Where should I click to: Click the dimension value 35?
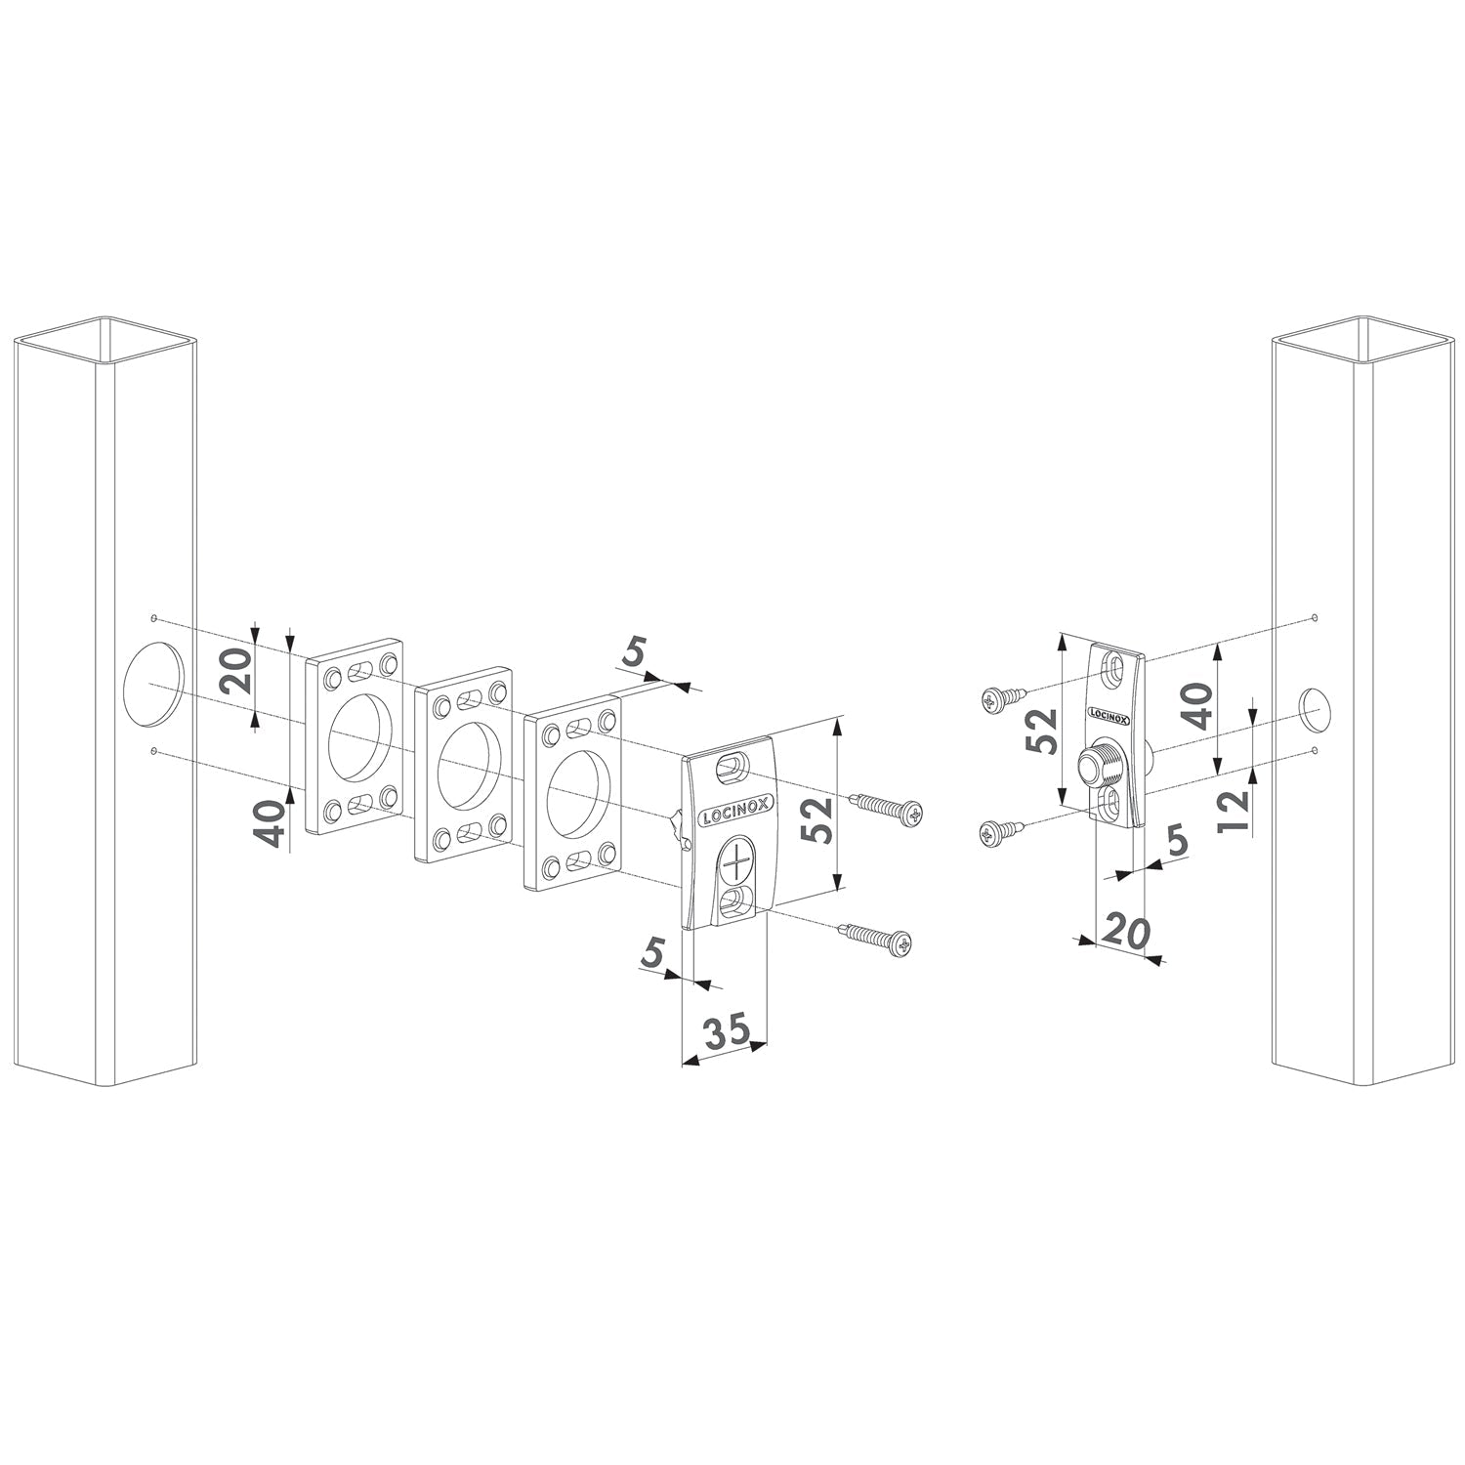tap(728, 1031)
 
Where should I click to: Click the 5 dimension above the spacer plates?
tap(636, 651)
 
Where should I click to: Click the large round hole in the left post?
tap(154, 684)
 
